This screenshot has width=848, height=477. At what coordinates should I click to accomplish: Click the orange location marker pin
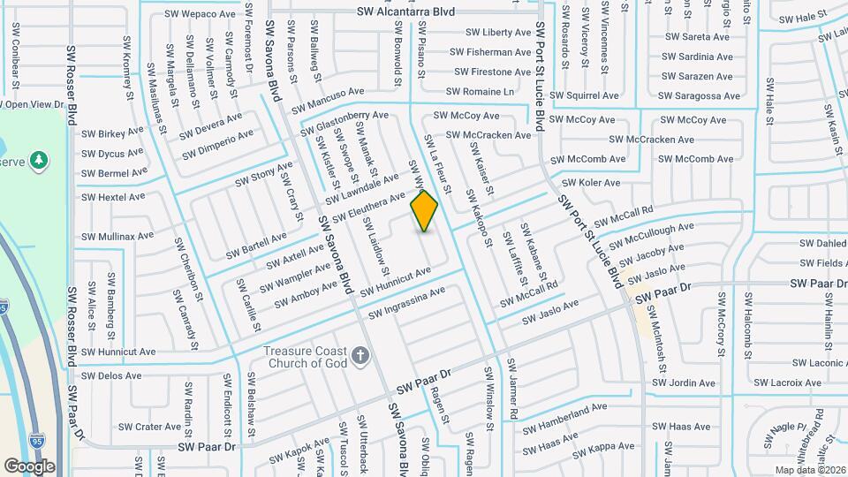pyautogui.click(x=425, y=211)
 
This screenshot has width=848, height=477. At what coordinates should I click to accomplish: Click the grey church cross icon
pyautogui.click(x=360, y=356)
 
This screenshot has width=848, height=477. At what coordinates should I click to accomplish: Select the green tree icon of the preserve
pyautogui.click(x=38, y=160)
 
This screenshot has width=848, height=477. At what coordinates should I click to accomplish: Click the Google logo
pyautogui.click(x=29, y=466)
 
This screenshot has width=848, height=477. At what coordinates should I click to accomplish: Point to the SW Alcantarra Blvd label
pyautogui.click(x=405, y=11)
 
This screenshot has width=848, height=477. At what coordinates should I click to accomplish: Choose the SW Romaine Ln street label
pyautogui.click(x=480, y=91)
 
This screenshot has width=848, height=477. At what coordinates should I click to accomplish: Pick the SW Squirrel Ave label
pyautogui.click(x=584, y=95)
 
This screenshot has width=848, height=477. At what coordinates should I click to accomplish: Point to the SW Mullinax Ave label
pyautogui.click(x=117, y=237)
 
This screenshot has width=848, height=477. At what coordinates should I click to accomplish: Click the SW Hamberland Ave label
pyautogui.click(x=565, y=415)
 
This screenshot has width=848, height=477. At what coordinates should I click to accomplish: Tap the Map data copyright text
pyautogui.click(x=807, y=470)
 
